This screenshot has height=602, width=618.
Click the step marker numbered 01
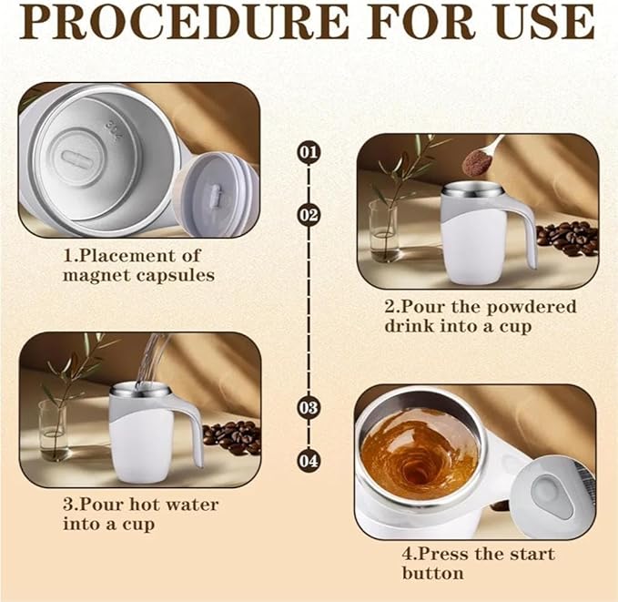309,151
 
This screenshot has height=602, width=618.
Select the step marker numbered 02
309,215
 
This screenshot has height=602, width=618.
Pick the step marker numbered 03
309,407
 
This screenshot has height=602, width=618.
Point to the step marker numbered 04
309,461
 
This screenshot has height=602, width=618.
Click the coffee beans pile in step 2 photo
567,239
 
